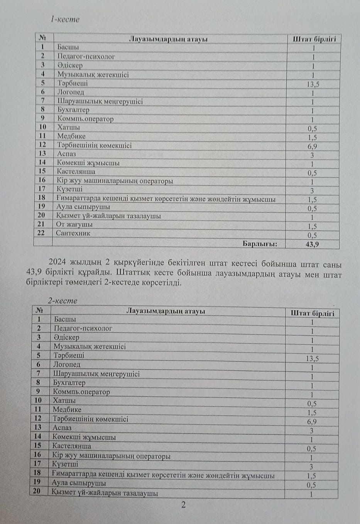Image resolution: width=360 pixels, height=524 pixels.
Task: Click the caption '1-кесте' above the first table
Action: point(65,19)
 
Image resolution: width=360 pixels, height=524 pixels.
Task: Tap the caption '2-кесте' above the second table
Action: point(63,300)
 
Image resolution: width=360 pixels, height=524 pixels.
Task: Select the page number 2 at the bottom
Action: point(183,504)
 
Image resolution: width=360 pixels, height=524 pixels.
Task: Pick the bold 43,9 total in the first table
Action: point(312,244)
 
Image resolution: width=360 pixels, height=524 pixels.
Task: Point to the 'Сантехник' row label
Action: point(73,233)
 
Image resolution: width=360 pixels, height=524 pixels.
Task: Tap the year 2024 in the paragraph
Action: point(57,265)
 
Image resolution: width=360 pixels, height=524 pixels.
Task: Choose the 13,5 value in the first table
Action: point(312,84)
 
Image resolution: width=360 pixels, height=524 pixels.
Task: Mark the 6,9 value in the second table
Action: point(312,422)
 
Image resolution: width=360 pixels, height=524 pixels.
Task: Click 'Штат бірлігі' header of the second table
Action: point(313,313)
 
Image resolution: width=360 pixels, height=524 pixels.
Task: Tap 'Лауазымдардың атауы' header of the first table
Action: point(168,39)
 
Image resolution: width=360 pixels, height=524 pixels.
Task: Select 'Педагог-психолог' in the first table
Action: point(86,56)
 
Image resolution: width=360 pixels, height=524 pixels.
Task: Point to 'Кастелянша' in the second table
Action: point(72,446)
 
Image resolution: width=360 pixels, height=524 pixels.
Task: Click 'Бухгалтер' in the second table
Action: point(69,383)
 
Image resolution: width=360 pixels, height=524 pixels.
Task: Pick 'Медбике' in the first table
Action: point(71,136)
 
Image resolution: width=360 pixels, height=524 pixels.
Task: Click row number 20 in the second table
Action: point(37,492)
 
